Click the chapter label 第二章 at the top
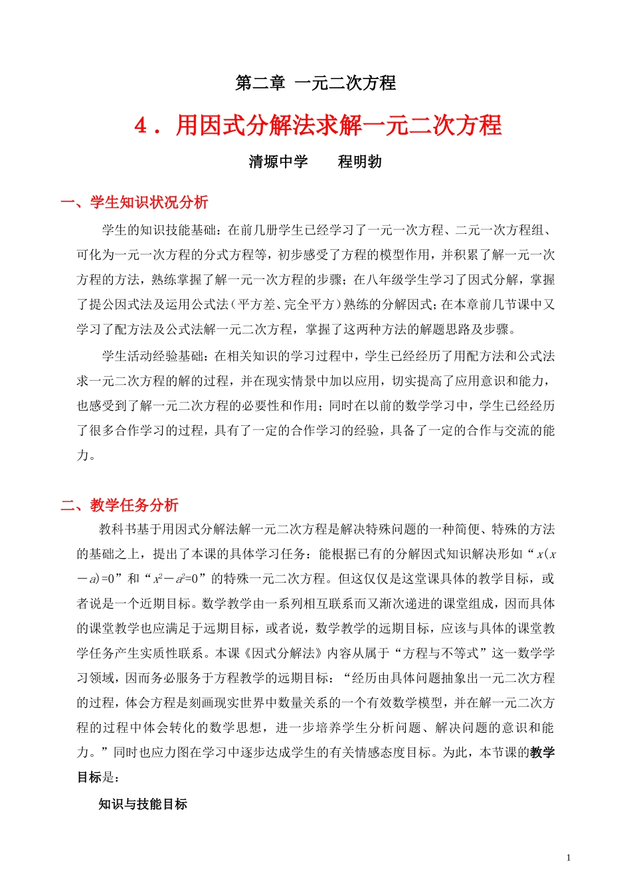click(260, 83)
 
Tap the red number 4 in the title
click(141, 125)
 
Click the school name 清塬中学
click(278, 161)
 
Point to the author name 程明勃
click(359, 161)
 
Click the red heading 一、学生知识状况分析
click(134, 202)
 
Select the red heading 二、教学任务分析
click(120, 505)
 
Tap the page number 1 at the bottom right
click(569, 857)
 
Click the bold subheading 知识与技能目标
click(143, 804)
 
